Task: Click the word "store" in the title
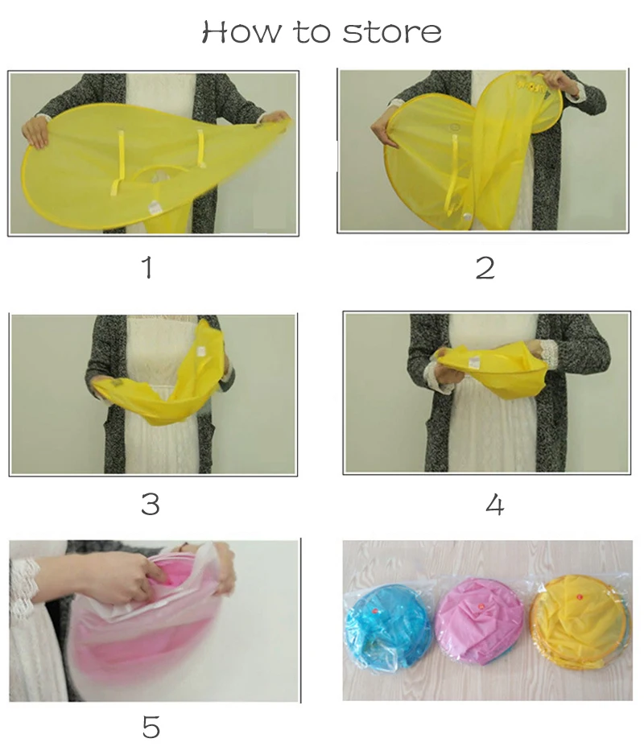pos(391,33)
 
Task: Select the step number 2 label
pos(485,268)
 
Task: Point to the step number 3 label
pos(151,504)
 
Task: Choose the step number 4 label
pos(495,505)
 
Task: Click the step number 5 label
pos(151,727)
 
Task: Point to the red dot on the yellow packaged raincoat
pos(580,596)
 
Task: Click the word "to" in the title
pos(312,33)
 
